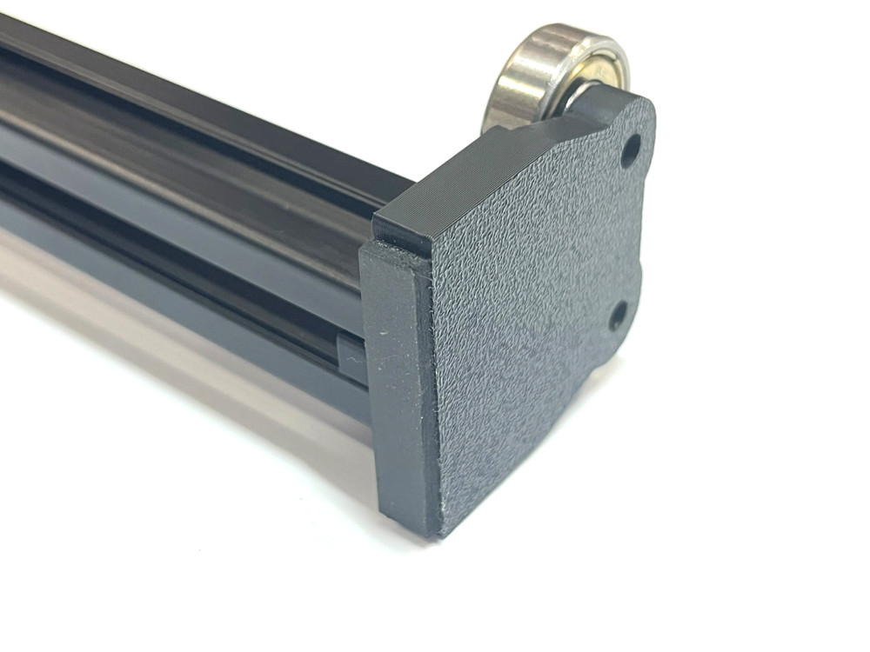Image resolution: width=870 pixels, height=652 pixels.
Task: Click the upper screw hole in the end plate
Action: point(630,150)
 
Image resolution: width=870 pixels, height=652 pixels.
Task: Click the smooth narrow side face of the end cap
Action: point(396,383)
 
